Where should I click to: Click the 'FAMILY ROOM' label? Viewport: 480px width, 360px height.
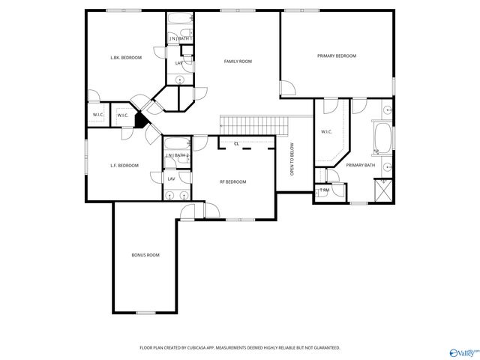tap(237, 61)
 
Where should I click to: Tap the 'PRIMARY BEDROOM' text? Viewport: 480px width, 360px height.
tap(336, 56)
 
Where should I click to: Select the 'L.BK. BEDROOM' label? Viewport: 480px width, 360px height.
tap(126, 57)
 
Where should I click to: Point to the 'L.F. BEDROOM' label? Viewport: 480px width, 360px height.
tap(124, 165)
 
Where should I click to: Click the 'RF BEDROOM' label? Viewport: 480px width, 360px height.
tap(232, 181)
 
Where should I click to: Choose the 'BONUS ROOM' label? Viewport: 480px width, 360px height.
tap(145, 255)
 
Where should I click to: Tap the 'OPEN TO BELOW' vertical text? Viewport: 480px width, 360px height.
tap(292, 160)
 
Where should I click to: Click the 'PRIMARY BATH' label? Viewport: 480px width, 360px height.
tap(361, 165)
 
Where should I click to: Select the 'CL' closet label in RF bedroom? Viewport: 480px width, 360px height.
tap(236, 143)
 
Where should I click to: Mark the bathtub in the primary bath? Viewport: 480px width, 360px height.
tap(382, 138)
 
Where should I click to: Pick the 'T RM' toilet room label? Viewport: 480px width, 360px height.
tap(324, 190)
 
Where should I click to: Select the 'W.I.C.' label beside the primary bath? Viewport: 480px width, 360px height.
tap(326, 133)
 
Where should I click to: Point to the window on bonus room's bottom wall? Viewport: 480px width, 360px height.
tap(145, 312)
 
